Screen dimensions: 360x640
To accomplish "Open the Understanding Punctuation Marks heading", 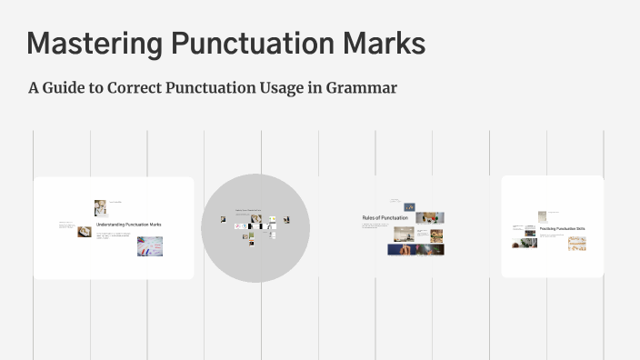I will point(128,224).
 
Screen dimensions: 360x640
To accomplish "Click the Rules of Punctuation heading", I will point(385,218).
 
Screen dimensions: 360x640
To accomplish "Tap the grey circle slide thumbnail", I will point(255,227).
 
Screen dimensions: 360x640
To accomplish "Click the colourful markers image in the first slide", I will point(150,245).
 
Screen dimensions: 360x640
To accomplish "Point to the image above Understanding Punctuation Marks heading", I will point(100,207).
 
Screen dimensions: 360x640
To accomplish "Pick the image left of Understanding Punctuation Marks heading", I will point(85,231).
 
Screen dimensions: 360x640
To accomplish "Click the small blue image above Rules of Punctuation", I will point(410,207).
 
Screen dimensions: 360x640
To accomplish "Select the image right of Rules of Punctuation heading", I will point(429,218).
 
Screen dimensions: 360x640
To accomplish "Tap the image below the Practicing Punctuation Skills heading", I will point(576,243).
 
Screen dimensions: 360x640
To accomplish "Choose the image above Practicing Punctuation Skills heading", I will point(542,216).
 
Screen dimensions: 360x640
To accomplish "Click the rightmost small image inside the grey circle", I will point(286,219).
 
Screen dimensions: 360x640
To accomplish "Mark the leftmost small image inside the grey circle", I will point(223,219).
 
